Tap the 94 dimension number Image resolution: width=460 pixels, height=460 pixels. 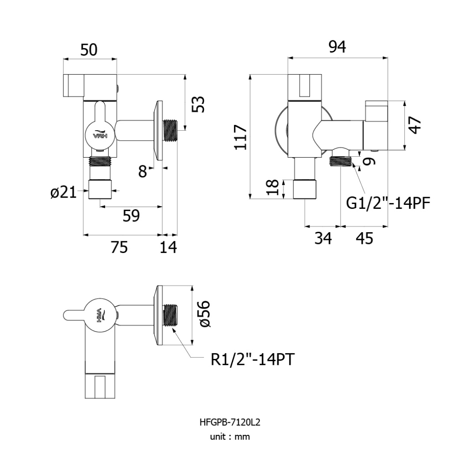(x=337, y=47)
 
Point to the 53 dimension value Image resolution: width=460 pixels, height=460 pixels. (x=198, y=104)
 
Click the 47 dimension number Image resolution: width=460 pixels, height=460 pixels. (x=415, y=125)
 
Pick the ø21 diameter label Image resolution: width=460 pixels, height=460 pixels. (x=63, y=192)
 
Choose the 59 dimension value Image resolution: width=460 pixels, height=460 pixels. (x=131, y=216)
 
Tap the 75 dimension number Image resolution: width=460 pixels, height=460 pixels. (x=119, y=247)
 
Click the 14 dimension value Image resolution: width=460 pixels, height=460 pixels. (x=168, y=247)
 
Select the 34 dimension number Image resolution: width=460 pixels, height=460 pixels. (x=323, y=238)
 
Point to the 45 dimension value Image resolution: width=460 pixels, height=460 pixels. (x=364, y=238)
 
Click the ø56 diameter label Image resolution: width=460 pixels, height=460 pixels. (x=204, y=314)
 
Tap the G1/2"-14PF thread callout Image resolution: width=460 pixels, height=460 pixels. (x=388, y=203)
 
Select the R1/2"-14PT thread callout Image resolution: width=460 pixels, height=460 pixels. (x=252, y=359)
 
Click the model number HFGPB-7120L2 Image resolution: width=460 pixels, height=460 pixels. (x=230, y=422)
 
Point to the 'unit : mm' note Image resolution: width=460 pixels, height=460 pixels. (x=230, y=437)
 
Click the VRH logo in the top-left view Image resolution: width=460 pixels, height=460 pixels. (x=99, y=134)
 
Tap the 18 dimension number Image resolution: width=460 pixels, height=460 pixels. (x=272, y=187)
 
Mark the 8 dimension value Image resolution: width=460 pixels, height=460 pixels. (x=142, y=171)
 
